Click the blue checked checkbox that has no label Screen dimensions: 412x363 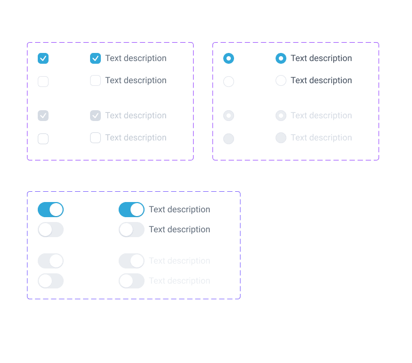click(x=43, y=58)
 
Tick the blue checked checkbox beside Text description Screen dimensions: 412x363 click(x=95, y=58)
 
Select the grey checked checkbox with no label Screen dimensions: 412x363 click(x=43, y=116)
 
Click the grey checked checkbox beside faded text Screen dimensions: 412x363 click(x=95, y=116)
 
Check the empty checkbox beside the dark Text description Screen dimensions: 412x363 click(x=95, y=80)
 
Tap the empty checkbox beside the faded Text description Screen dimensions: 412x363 click(x=95, y=138)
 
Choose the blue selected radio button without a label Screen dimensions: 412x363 click(x=229, y=58)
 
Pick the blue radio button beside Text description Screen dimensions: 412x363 click(x=281, y=58)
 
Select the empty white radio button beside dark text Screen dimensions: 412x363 click(x=281, y=80)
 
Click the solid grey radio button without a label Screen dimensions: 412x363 click(x=229, y=139)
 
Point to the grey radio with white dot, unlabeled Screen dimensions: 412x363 click(x=229, y=116)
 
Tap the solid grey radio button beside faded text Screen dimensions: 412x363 click(x=281, y=138)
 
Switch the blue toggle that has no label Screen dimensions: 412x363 click(x=51, y=210)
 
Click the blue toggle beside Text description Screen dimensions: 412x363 click(x=132, y=210)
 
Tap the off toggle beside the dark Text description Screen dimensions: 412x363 click(x=132, y=230)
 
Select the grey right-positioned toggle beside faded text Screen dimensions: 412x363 click(x=132, y=261)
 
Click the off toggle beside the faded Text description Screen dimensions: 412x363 click(x=132, y=281)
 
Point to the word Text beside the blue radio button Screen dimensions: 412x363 click(x=299, y=58)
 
